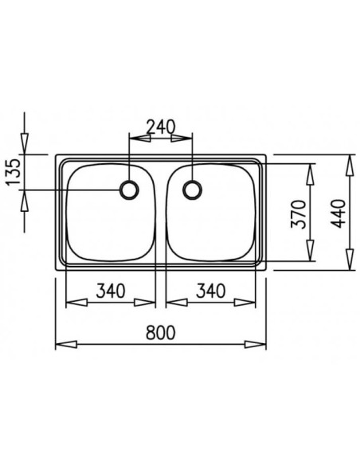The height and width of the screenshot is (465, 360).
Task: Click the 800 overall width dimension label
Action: click(x=160, y=332)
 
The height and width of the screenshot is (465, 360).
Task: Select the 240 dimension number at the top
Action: click(x=161, y=126)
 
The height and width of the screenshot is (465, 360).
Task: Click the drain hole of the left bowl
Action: click(x=129, y=190)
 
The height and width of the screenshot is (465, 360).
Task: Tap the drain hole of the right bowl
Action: click(x=192, y=190)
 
